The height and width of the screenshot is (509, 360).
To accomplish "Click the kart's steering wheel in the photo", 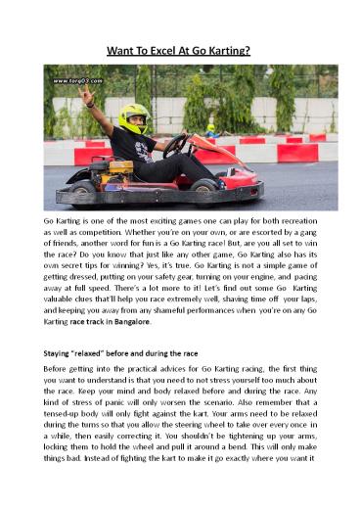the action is pos(177,146).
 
